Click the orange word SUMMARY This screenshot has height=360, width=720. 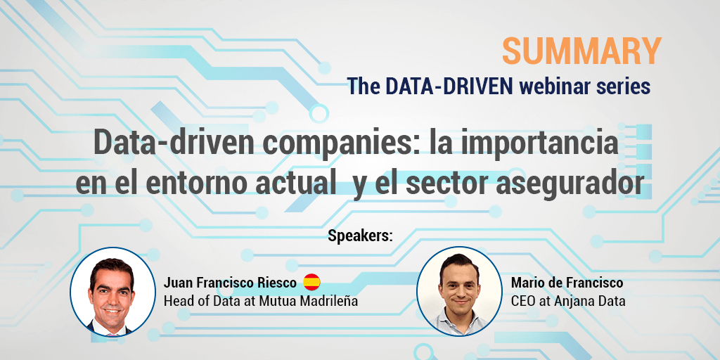[x=581, y=51]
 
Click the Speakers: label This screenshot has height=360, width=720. [x=360, y=235]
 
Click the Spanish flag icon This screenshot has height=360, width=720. [x=312, y=283]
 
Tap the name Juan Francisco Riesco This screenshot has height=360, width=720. [x=230, y=283]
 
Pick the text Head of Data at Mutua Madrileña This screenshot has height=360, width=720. [x=261, y=301]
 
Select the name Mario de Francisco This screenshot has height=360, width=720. [x=567, y=283]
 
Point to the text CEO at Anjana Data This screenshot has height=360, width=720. [x=568, y=301]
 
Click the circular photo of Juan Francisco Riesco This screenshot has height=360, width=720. [x=112, y=290]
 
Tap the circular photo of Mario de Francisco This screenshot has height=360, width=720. [x=458, y=290]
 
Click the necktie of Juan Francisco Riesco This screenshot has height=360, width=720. [x=112, y=329]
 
